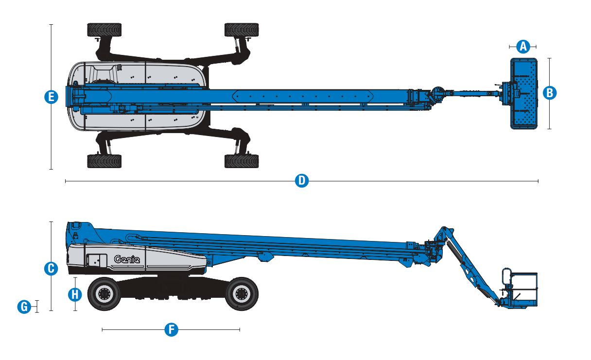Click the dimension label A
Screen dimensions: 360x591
pos(523,47)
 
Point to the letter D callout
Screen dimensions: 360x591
pos(302,181)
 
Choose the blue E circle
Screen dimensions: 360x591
pos(51,97)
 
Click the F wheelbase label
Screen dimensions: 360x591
pos(171,330)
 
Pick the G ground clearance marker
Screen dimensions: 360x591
pos(23,307)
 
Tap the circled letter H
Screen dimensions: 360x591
pos(75,294)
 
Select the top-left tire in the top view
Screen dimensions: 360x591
pos(104,30)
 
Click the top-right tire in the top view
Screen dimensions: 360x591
pos(242,30)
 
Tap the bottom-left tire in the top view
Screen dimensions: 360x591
pos(104,161)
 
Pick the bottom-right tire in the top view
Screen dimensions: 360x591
pos(242,161)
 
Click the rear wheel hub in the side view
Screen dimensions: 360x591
pos(104,294)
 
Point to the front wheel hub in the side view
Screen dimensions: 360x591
pos(241,294)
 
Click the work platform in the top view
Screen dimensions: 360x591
pos(523,93)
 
